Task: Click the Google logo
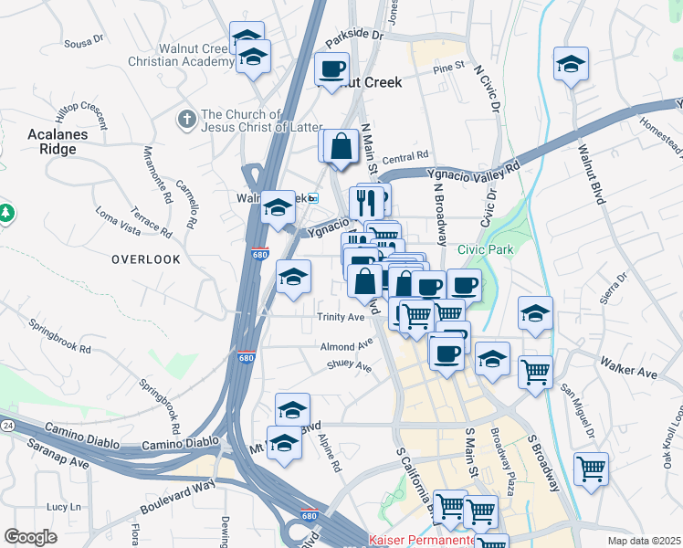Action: click(x=30, y=537)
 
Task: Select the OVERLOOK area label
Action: click(x=146, y=259)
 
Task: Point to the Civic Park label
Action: click(x=486, y=249)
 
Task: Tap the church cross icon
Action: click(x=187, y=118)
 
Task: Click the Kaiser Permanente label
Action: click(x=421, y=540)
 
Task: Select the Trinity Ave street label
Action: click(x=341, y=317)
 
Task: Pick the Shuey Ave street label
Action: click(x=349, y=366)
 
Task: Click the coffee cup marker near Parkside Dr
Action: click(x=331, y=68)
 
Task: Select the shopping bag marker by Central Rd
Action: click(x=341, y=145)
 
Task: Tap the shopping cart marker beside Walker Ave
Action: click(x=535, y=370)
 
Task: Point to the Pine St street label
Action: click(x=449, y=68)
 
